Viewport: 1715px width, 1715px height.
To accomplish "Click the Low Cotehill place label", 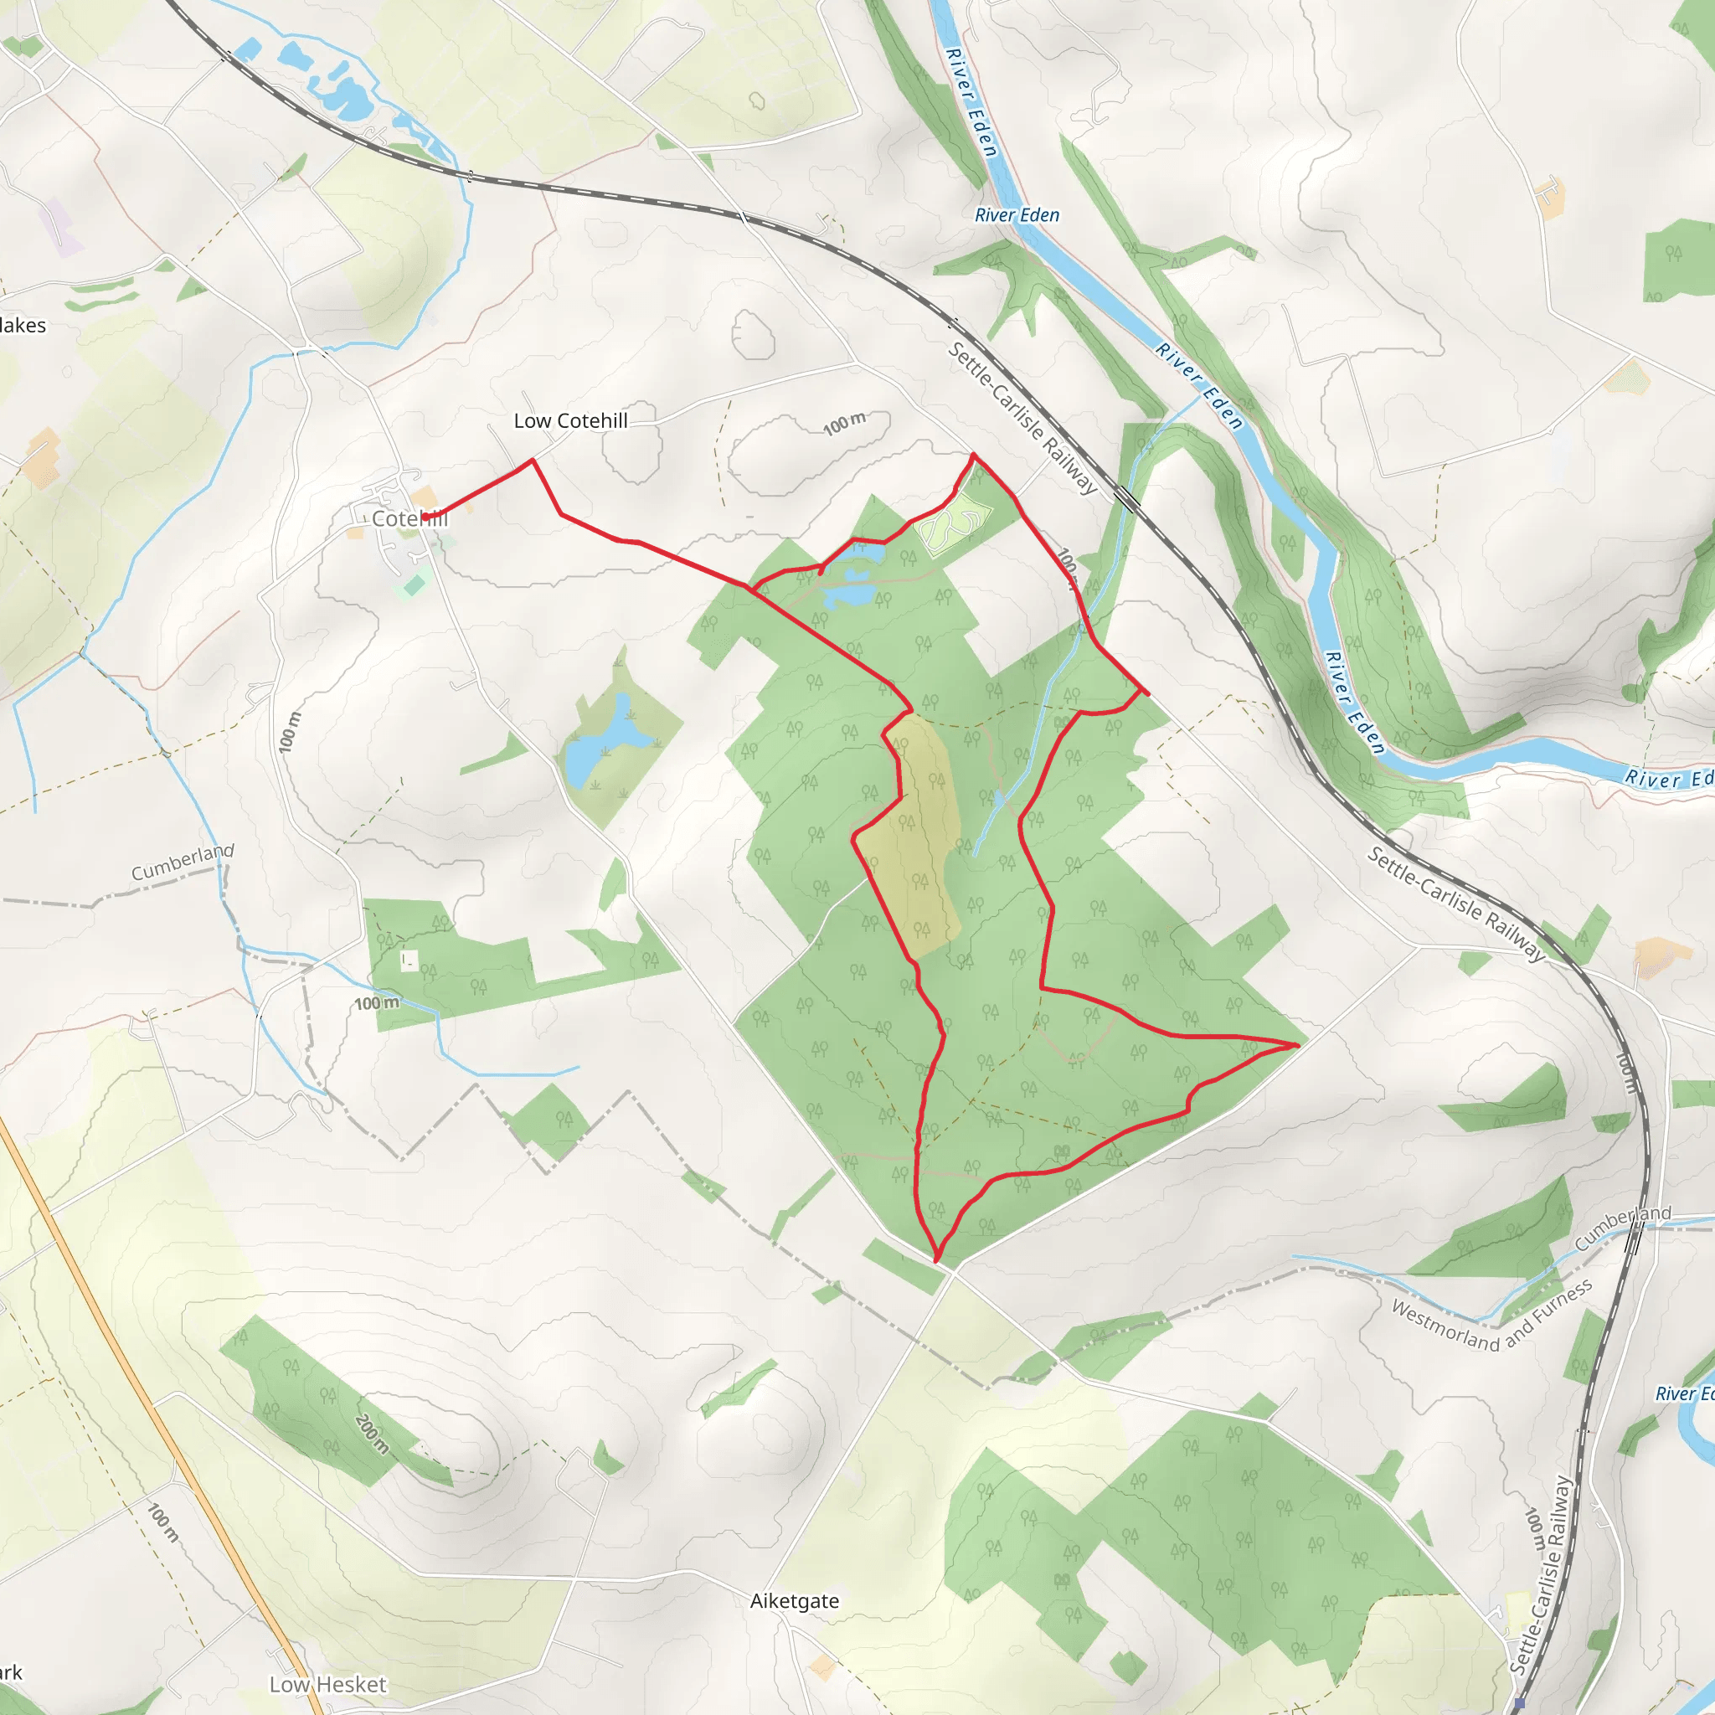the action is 571,420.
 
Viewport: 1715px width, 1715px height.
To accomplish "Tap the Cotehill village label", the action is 409,518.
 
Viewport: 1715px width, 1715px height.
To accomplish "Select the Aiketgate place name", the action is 795,1600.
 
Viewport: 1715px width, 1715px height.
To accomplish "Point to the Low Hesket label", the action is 327,1684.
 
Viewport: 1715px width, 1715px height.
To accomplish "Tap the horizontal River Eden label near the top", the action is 1017,215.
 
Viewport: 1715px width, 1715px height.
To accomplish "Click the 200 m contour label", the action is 372,1433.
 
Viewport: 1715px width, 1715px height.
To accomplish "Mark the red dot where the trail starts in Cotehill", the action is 425,517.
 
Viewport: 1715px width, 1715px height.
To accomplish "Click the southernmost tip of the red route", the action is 936,1259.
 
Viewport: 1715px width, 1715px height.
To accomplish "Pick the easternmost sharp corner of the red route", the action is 1298,1046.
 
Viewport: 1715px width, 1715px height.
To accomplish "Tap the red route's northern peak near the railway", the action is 974,455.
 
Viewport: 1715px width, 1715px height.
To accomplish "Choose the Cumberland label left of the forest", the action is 182,862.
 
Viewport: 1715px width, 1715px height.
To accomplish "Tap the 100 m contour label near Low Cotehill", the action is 843,424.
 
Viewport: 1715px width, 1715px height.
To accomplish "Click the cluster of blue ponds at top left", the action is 333,85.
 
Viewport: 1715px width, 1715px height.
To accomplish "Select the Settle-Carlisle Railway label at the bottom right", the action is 1542,1576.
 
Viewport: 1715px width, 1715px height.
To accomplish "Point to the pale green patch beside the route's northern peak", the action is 952,527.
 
